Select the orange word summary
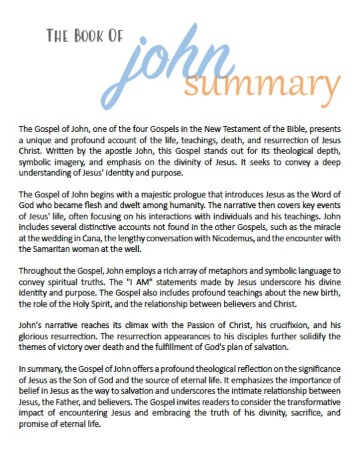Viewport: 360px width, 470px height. [x=260, y=85]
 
